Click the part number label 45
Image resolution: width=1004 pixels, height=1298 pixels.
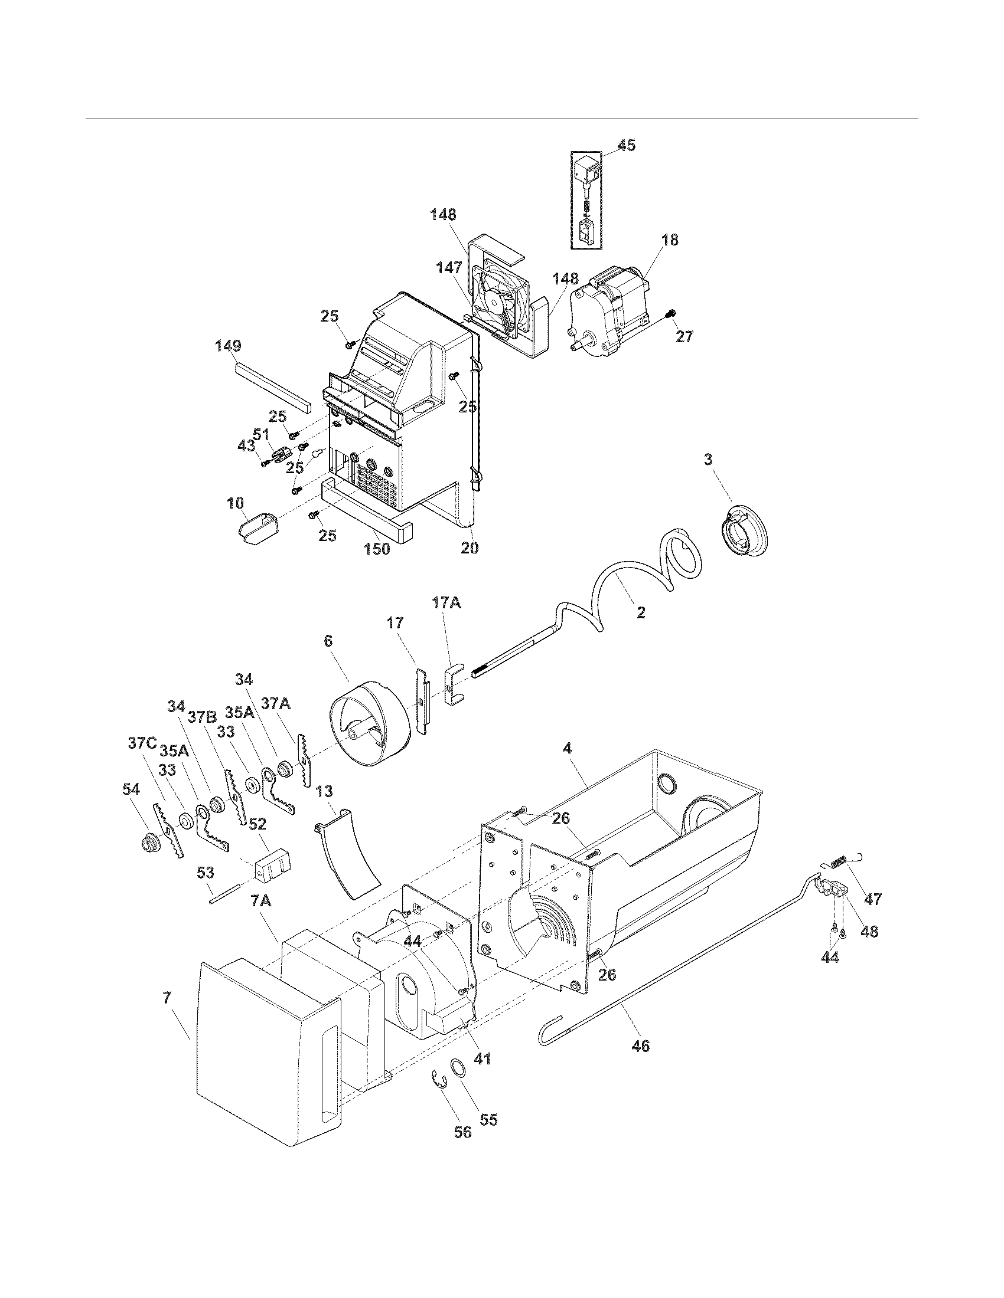(x=625, y=145)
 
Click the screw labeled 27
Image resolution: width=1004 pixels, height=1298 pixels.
(x=671, y=313)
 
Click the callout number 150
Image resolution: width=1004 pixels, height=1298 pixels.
(x=377, y=548)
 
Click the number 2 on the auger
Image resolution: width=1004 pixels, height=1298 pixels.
(x=641, y=613)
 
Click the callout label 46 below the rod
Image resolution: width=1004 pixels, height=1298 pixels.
(x=641, y=1045)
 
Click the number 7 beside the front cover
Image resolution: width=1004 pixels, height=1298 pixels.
(x=168, y=997)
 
